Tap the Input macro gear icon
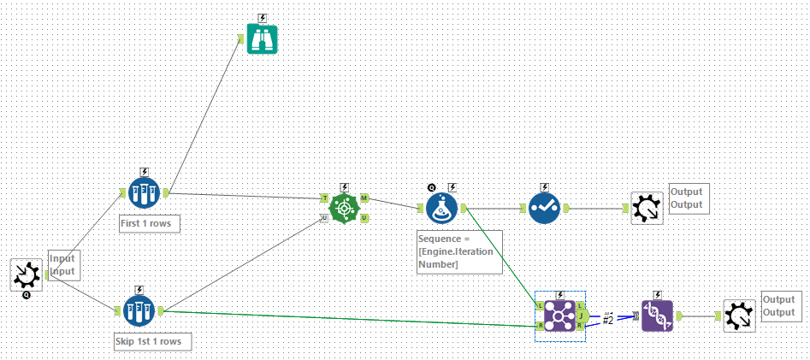(x=27, y=274)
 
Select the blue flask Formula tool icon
(x=442, y=208)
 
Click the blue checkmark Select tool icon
(x=544, y=208)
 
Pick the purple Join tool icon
(x=559, y=315)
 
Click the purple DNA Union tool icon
(x=657, y=316)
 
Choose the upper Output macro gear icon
(x=647, y=208)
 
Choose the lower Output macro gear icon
(x=738, y=316)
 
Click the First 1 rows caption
(x=150, y=223)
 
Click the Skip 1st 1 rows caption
(x=152, y=341)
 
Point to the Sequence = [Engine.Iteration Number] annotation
(x=458, y=251)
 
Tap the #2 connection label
(x=608, y=319)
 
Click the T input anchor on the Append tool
(x=324, y=198)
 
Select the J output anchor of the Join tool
(x=580, y=315)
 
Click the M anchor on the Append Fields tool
(x=364, y=198)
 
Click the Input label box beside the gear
(x=63, y=265)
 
